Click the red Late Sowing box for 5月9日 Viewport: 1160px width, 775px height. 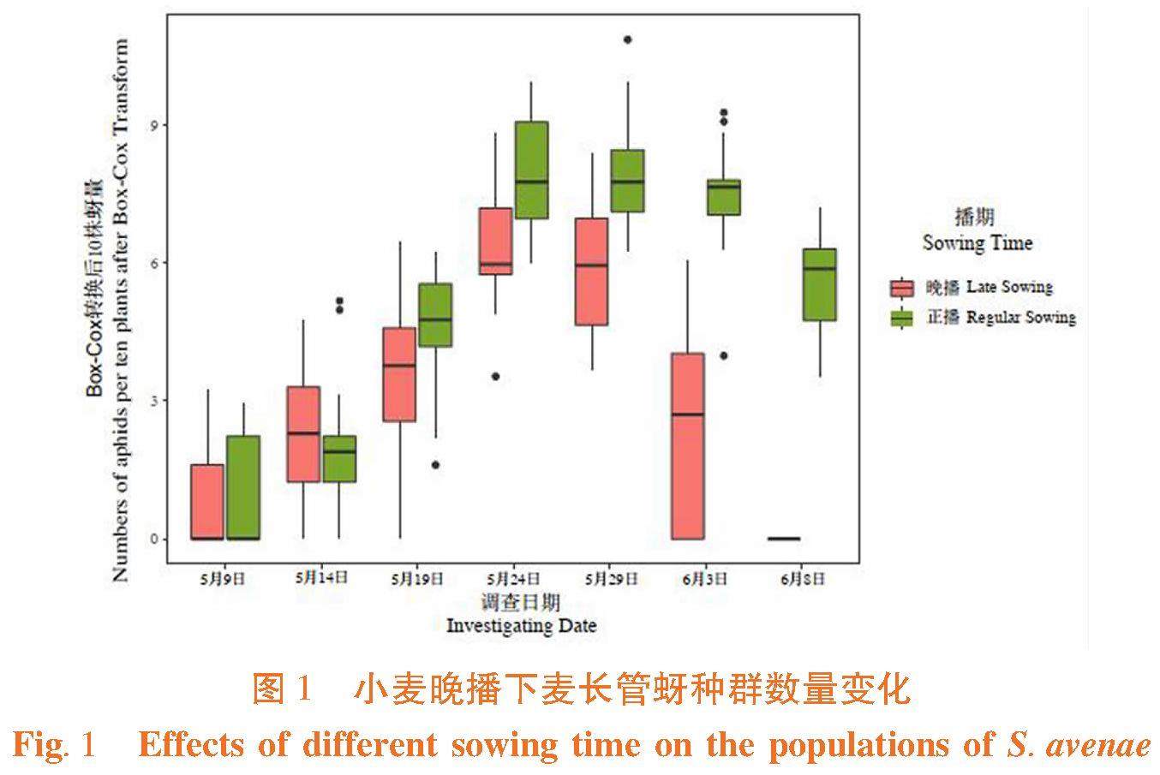tap(207, 502)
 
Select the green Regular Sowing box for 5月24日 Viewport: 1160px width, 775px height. tap(531, 170)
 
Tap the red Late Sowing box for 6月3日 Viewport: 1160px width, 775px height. tap(687, 445)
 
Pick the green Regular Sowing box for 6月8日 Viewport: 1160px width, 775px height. tap(820, 284)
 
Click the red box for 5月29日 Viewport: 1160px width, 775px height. tap(591, 271)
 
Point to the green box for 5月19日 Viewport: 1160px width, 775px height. tap(435, 314)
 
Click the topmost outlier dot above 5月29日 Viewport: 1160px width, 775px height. tap(628, 39)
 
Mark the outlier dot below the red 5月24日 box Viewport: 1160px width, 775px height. tap(495, 377)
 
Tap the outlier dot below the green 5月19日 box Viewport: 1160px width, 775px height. tap(435, 465)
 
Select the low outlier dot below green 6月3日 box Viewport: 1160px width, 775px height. tap(724, 355)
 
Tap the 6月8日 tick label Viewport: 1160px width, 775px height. tap(803, 579)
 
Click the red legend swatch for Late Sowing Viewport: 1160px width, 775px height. tap(902, 288)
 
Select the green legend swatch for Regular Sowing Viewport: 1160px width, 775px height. tap(902, 318)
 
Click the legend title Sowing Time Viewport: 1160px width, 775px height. tap(977, 243)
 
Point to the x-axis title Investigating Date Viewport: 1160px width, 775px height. tap(521, 625)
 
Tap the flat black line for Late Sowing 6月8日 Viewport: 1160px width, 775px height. tap(784, 539)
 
